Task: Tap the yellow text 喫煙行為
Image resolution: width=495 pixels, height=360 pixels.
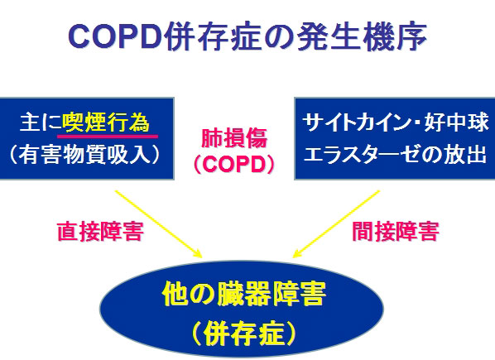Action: pyautogui.click(x=106, y=122)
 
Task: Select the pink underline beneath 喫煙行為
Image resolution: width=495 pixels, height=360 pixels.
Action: pyautogui.click(x=108, y=137)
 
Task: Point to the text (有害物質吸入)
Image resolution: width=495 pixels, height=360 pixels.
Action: pyautogui.click(x=84, y=155)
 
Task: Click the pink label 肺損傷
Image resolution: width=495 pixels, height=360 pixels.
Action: pyautogui.click(x=234, y=138)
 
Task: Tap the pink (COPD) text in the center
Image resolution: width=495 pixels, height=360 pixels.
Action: pyautogui.click(x=234, y=164)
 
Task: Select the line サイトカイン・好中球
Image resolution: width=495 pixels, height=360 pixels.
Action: pyautogui.click(x=395, y=122)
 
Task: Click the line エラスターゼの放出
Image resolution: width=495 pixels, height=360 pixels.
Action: pyautogui.click(x=395, y=155)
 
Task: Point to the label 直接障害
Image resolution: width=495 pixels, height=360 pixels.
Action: pyautogui.click(x=100, y=232)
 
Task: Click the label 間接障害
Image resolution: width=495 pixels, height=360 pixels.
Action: pyautogui.click(x=395, y=232)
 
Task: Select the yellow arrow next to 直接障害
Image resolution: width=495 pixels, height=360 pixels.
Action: pyautogui.click(x=158, y=224)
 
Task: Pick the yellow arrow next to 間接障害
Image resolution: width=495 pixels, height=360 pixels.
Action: pyautogui.click(x=336, y=224)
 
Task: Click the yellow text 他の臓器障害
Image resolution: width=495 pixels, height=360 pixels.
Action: pyautogui.click(x=243, y=294)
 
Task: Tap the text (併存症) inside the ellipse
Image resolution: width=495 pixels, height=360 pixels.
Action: pyautogui.click(x=243, y=334)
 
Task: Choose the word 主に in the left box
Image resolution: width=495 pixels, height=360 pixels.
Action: pyautogui.click(x=40, y=122)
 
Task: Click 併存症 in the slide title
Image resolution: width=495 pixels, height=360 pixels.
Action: pyautogui.click(x=214, y=36)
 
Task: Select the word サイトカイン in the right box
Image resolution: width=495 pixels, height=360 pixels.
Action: pyautogui.click(x=356, y=122)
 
